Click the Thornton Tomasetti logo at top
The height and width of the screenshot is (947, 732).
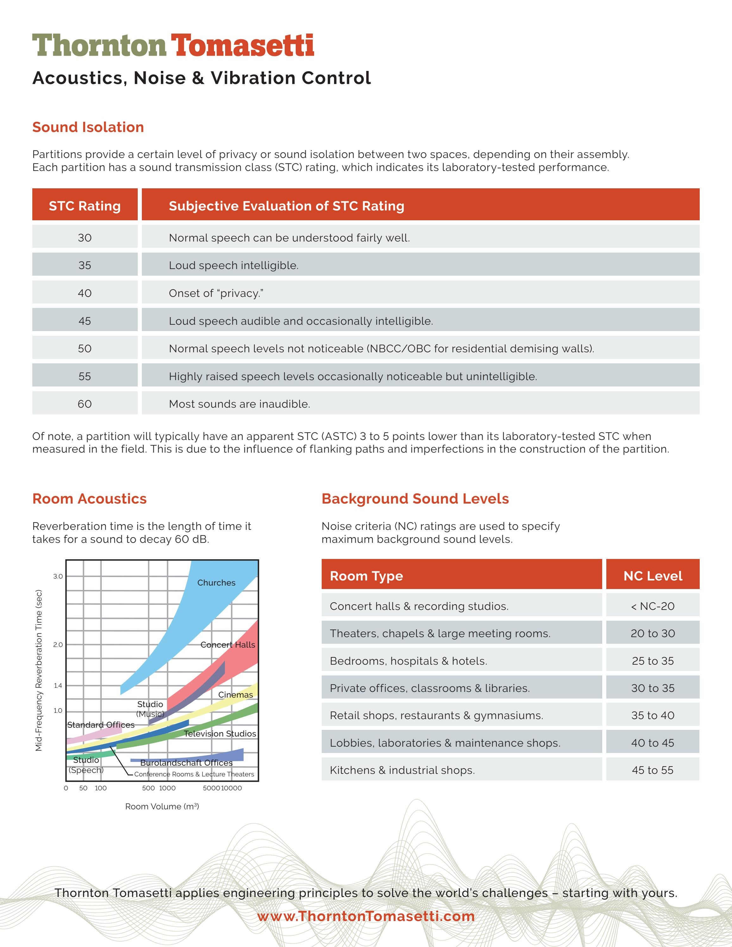tap(173, 46)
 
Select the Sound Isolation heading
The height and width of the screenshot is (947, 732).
tap(88, 127)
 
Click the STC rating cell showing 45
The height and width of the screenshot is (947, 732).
tap(85, 321)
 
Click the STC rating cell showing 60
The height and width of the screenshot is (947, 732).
tap(85, 404)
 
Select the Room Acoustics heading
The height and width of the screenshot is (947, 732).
tap(89, 499)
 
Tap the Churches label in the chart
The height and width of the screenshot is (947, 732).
tap(216, 582)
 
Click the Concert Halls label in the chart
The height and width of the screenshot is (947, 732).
tap(228, 645)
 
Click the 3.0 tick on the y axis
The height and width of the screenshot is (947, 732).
tap(58, 576)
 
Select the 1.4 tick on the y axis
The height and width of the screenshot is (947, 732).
tap(58, 686)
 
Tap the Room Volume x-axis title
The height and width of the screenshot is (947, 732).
tap(162, 806)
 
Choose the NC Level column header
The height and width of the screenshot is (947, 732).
tap(652, 576)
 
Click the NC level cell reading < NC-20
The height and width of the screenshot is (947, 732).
tap(652, 606)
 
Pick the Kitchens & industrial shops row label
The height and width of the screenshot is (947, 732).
tap(402, 770)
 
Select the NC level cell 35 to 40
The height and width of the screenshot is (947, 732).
tap(652, 715)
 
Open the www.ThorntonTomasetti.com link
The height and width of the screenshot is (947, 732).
tap(366, 916)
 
